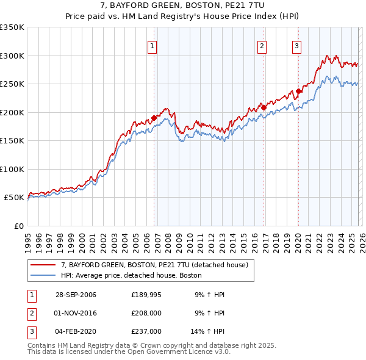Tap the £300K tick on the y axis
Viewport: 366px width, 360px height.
(12, 56)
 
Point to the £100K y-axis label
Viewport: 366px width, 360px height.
(12, 169)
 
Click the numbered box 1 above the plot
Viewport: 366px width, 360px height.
(151, 45)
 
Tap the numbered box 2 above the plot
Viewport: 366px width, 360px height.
(262, 45)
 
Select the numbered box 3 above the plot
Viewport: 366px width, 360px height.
(297, 45)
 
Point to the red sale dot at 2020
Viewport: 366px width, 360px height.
(298, 92)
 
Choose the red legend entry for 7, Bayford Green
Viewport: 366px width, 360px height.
(154, 265)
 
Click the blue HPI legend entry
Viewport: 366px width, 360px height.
(131, 275)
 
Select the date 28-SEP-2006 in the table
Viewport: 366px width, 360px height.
(76, 295)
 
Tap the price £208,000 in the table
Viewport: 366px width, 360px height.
(146, 312)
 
